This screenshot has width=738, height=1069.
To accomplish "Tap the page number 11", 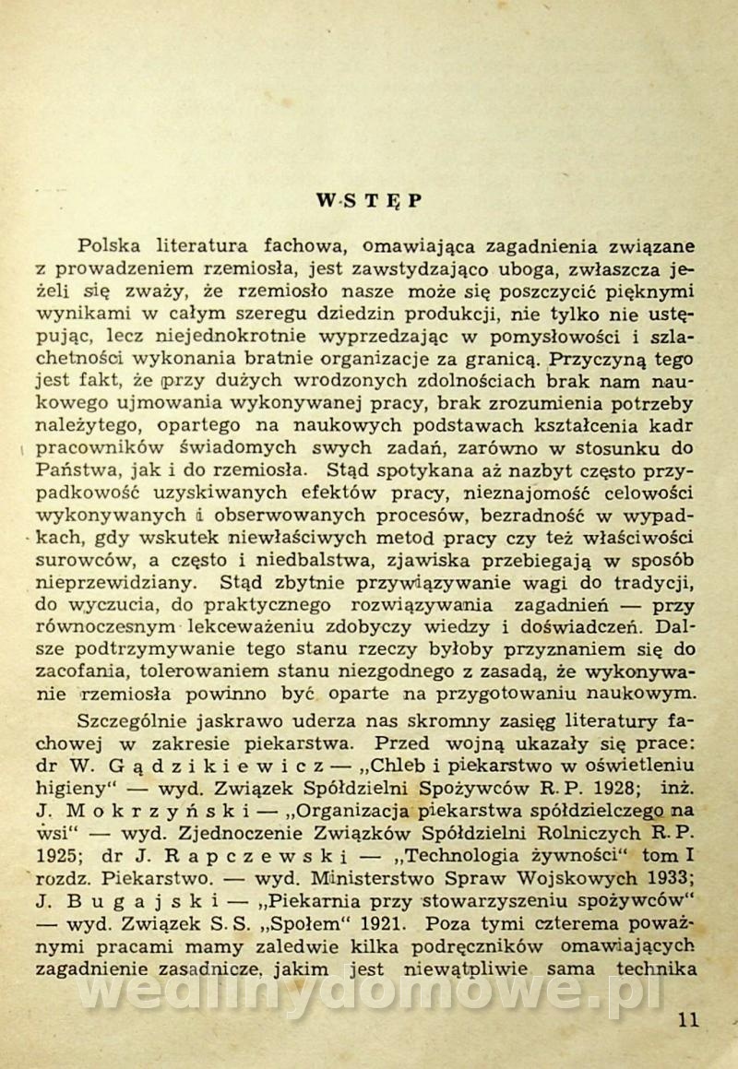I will point(687,1019).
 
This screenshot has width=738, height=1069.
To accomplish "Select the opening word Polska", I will point(114,247).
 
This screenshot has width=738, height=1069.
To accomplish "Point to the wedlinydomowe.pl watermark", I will point(369,992).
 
